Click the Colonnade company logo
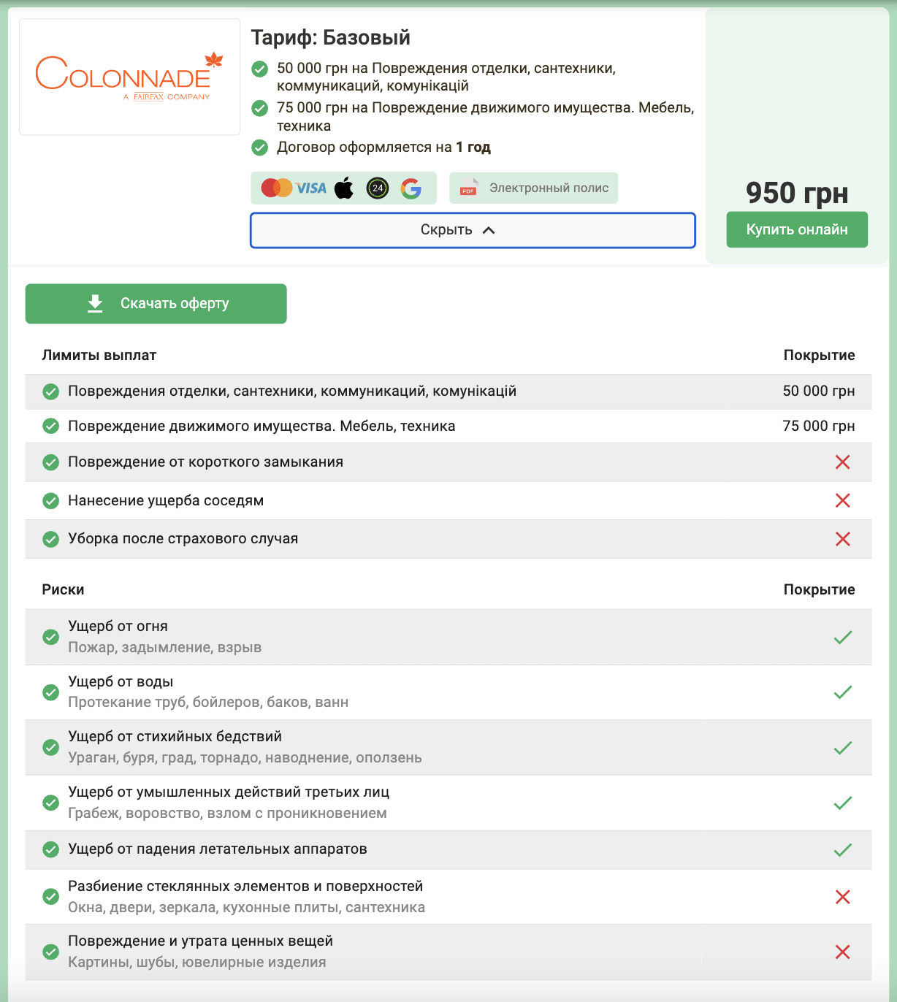pyautogui.click(x=129, y=77)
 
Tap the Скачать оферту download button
pyautogui.click(x=156, y=304)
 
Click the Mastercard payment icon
pyautogui.click(x=276, y=188)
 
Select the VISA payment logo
pyautogui.click(x=311, y=188)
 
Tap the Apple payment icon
pyautogui.click(x=344, y=188)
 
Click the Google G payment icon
pyautogui.click(x=411, y=188)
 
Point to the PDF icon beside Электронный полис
pyautogui.click(x=468, y=188)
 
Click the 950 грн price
pyautogui.click(x=797, y=194)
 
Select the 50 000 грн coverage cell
pyautogui.click(x=818, y=391)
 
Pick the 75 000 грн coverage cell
pyautogui.click(x=818, y=427)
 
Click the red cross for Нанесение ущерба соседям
pyautogui.click(x=842, y=500)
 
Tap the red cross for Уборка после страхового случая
pyautogui.click(x=842, y=539)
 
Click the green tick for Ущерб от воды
pyautogui.click(x=842, y=692)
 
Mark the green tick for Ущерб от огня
pyautogui.click(x=842, y=638)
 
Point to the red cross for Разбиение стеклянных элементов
pyautogui.click(x=842, y=897)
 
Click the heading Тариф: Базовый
pyautogui.click(x=330, y=38)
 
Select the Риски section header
pyautogui.click(x=63, y=590)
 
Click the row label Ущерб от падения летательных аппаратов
pyautogui.click(x=217, y=849)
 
